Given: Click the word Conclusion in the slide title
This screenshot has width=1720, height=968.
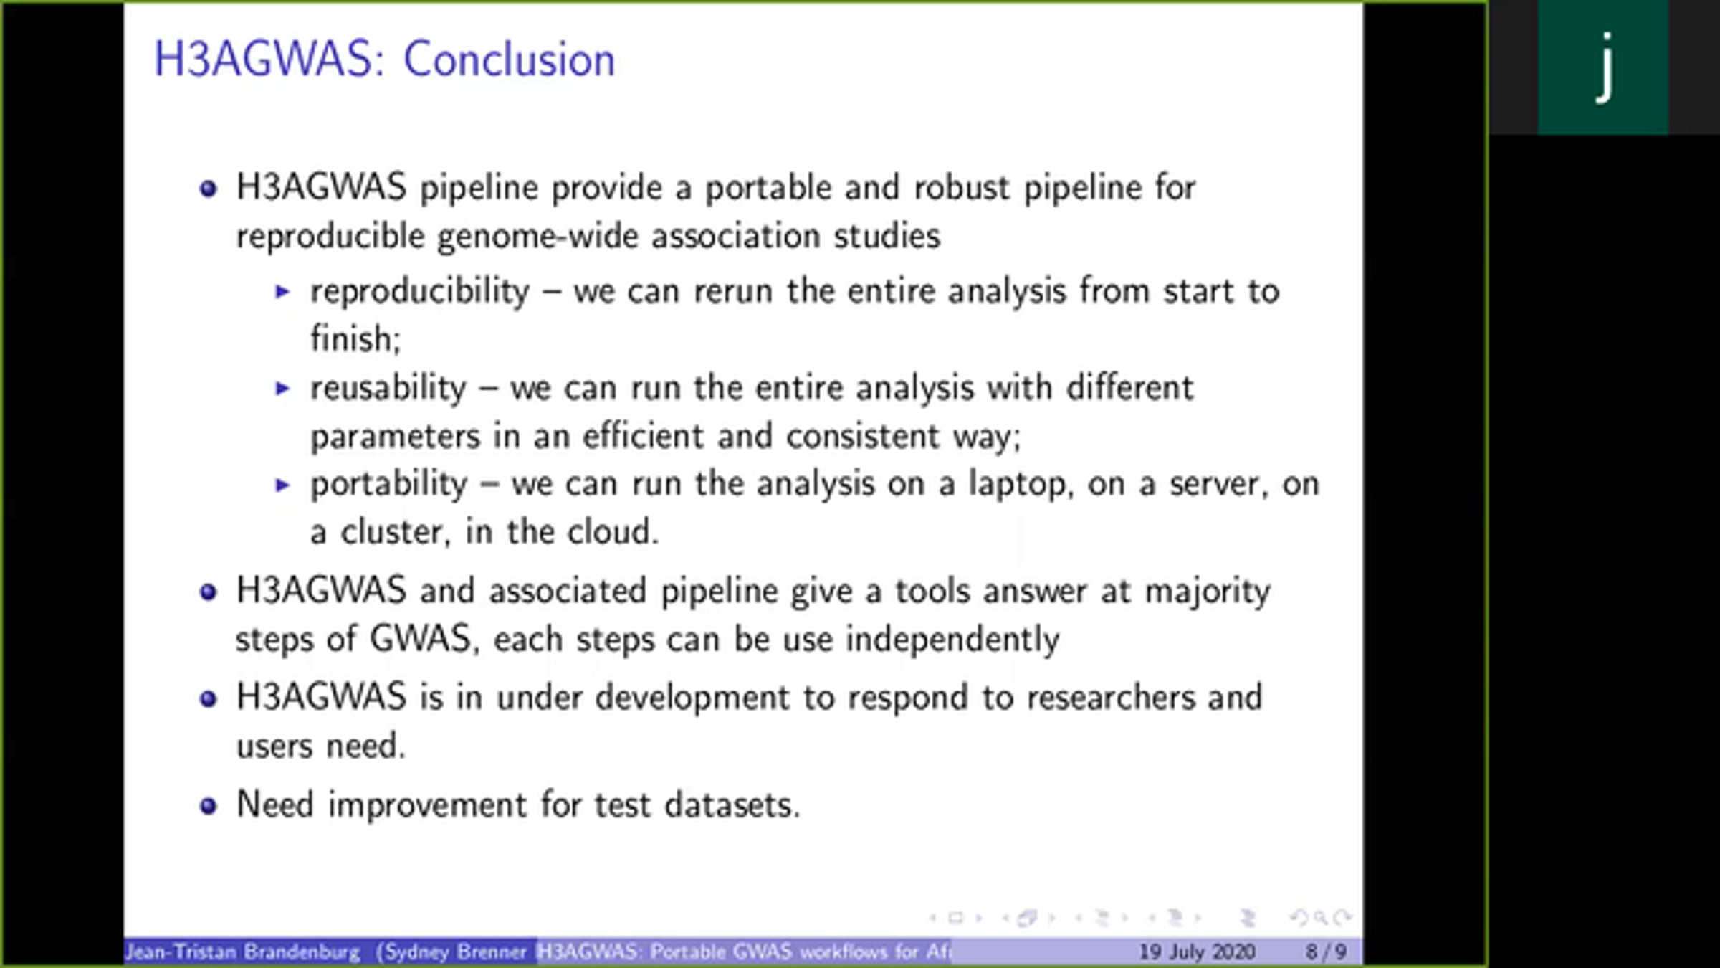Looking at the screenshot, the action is tap(510, 59).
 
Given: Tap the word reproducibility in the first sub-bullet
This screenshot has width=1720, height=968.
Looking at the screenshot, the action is tap(420, 292).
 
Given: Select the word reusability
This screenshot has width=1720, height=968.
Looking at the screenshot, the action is tap(388, 388).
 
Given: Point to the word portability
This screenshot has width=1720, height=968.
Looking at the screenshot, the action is tap(389, 485).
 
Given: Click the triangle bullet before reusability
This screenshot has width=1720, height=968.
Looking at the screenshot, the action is tap(283, 389).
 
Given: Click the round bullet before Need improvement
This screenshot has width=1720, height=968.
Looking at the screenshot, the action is tap(208, 806).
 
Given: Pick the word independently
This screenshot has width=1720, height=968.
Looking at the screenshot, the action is tap(952, 640).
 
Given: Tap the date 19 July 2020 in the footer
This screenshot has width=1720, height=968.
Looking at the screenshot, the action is tap(1197, 952).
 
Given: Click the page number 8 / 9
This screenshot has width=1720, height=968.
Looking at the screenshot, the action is tap(1325, 952).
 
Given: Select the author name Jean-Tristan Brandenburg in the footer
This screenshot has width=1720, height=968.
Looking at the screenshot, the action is tap(243, 952).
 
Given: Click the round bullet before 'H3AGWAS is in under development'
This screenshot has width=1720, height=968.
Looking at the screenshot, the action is tap(208, 698).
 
